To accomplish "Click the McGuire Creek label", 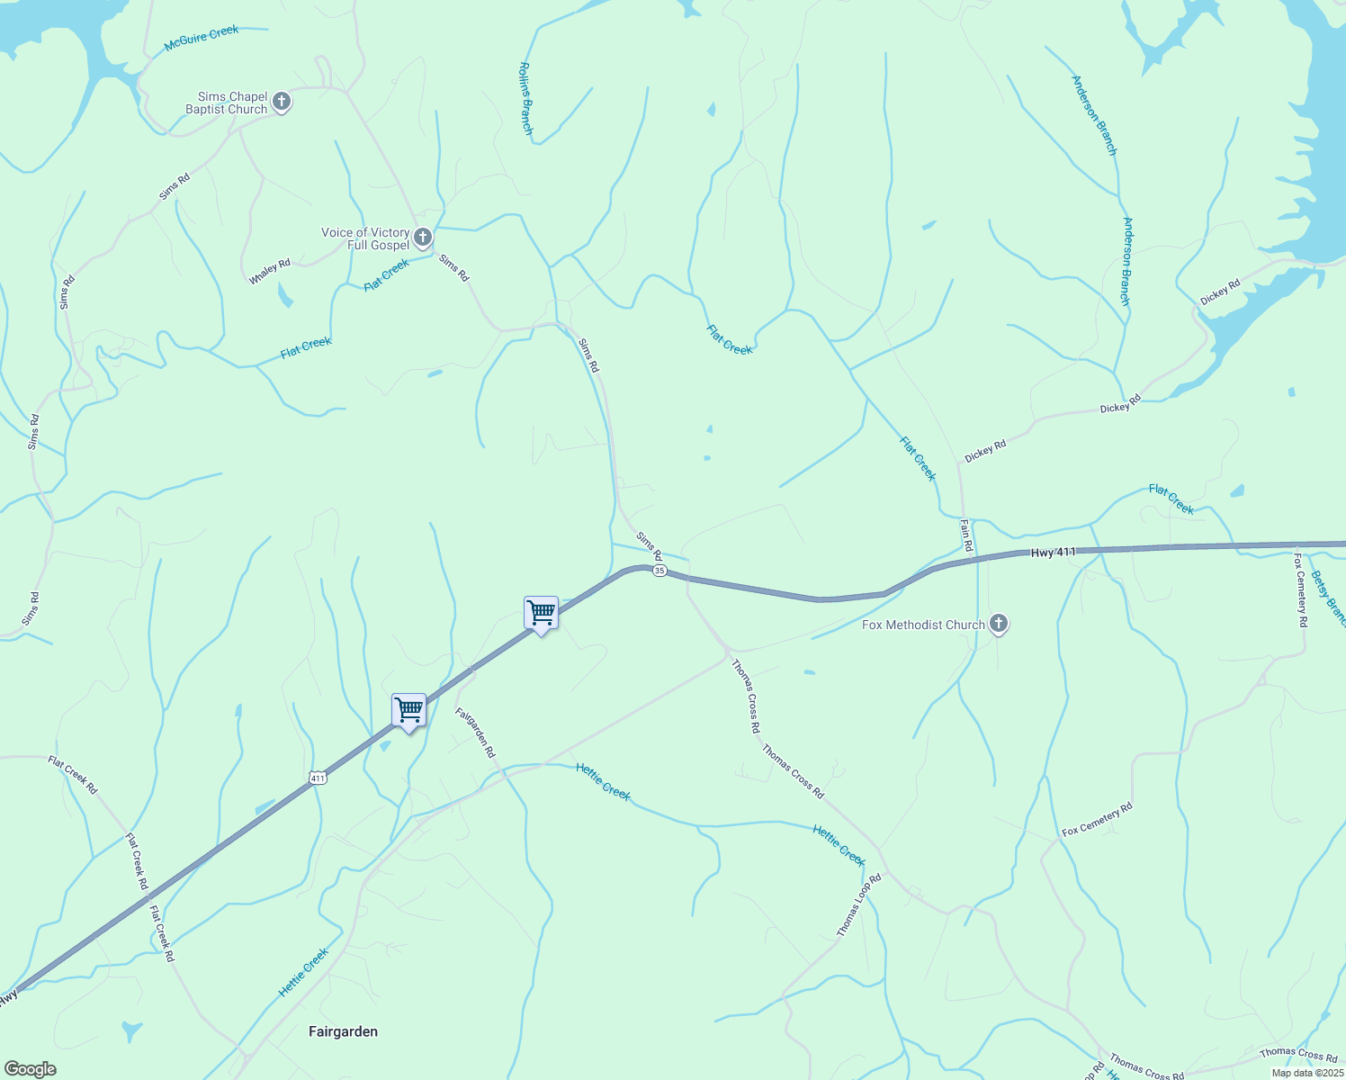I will click(202, 38).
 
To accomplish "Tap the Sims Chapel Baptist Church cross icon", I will click(282, 102).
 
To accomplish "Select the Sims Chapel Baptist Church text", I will click(227, 103).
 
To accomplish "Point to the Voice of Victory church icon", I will click(423, 238).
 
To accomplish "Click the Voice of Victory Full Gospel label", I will click(365, 238).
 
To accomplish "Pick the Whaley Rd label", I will click(270, 272).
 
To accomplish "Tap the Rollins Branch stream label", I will click(526, 99).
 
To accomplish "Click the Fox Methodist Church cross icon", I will click(998, 624).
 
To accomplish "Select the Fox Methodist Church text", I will click(924, 625).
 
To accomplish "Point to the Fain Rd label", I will click(966, 535).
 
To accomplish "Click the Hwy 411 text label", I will click(1054, 553).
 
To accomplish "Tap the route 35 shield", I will click(660, 571).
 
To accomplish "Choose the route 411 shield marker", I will click(317, 778).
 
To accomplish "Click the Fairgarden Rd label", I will click(475, 732).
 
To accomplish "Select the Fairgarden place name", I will click(343, 1031).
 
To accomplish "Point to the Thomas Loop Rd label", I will click(858, 905).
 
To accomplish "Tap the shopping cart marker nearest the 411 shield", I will click(409, 710).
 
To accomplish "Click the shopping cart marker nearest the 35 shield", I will click(541, 613).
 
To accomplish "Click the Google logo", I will click(31, 1069).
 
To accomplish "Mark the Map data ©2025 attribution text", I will click(1306, 1073).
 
